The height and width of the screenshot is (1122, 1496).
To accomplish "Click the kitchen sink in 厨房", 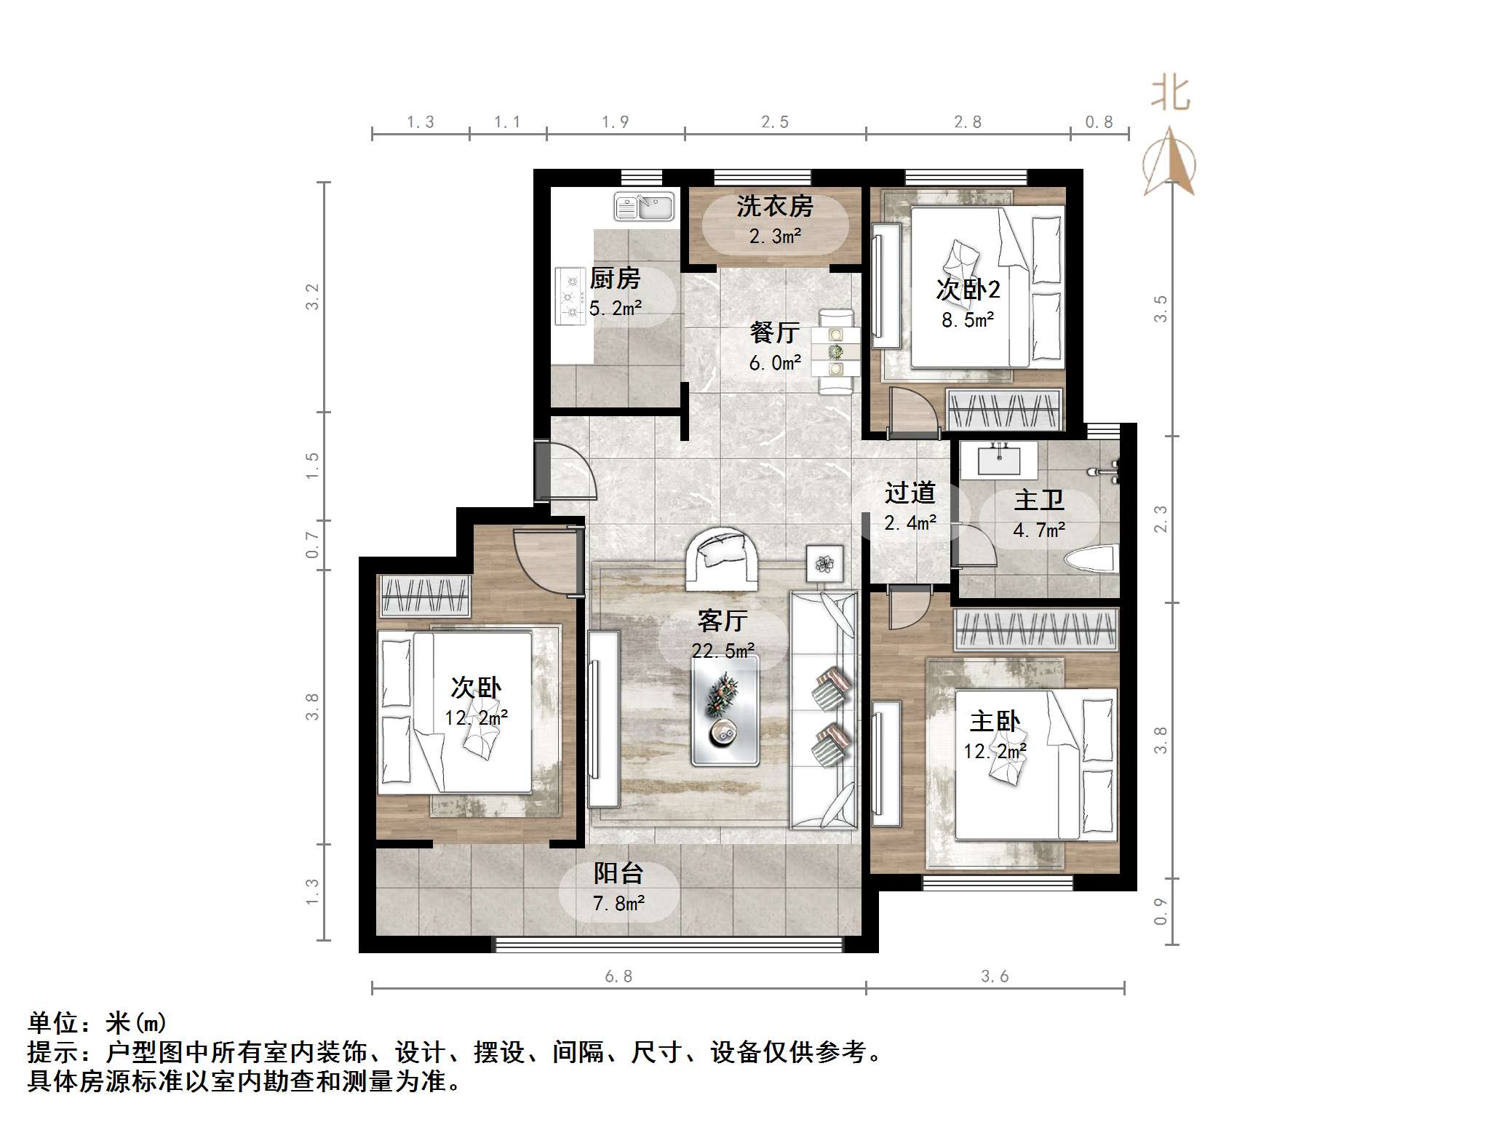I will click(x=644, y=207).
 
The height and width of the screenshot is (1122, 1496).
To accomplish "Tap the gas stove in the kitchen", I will click(x=570, y=295).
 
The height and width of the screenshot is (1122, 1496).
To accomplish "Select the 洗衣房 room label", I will click(x=774, y=207).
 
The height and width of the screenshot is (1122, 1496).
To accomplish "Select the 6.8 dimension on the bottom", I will click(x=618, y=976).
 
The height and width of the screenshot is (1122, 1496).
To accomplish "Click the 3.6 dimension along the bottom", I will click(x=995, y=976).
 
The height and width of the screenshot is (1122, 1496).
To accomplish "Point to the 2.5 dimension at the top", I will click(x=775, y=122).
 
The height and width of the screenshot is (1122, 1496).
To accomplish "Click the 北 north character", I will click(x=1170, y=95).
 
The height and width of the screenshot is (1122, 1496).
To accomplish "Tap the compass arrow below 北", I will click(x=1169, y=163).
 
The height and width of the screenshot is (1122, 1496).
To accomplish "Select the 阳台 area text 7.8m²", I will click(x=618, y=904).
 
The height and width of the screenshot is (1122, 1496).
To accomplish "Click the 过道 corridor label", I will click(x=910, y=493).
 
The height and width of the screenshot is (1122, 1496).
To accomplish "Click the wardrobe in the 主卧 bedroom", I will click(x=1035, y=629).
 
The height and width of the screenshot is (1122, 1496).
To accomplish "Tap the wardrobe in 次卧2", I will click(x=1004, y=410).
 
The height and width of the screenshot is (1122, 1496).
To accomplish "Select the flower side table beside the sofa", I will click(x=824, y=563).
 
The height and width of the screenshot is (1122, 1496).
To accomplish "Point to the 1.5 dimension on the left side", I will click(x=312, y=466).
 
